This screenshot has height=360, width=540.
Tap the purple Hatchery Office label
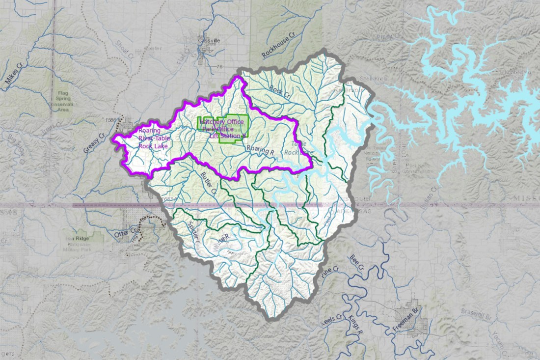(x=221, y=121)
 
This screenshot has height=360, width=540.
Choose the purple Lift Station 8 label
(x=227, y=136)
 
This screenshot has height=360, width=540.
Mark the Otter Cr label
(x=125, y=234)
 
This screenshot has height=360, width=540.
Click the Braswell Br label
(x=475, y=310)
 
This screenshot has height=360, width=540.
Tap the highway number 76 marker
(x=219, y=67)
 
